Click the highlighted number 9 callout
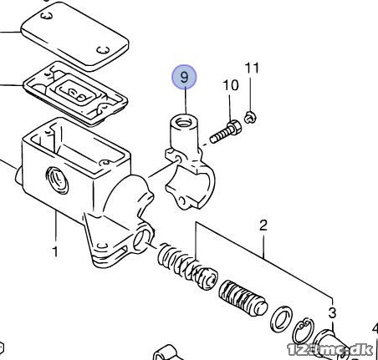coord(184,77)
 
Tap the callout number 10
coord(231,85)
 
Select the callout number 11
coord(252,68)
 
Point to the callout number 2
coord(263,226)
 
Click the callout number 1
coord(55,251)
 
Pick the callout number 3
coord(332,313)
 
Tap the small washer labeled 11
coord(251,117)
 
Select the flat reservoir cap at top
coord(74,37)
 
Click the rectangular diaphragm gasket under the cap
coord(75,94)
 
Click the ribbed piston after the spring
coord(243,298)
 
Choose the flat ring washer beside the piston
coord(282,319)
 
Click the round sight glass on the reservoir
coord(57,180)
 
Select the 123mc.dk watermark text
coord(329,350)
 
